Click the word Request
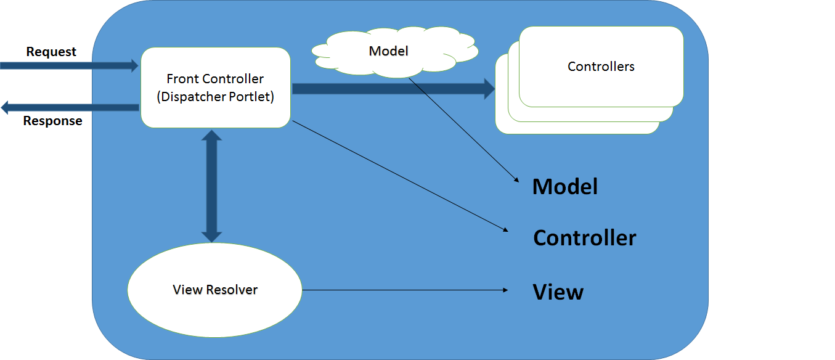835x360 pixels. pos(51,52)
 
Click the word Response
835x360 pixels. pos(52,121)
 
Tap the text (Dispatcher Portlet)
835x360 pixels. pos(215,97)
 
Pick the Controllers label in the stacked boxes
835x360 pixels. pos(601,67)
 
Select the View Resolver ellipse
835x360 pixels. pos(214,290)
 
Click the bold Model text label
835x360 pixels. pos(565,186)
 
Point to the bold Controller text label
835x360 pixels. pos(584,238)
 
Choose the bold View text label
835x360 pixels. pos(558,292)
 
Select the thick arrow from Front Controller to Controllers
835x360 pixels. pos(388,89)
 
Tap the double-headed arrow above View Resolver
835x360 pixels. pos(211,186)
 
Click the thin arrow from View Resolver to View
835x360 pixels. pos(401,290)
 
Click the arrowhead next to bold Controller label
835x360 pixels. pos(505,230)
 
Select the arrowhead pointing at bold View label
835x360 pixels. pos(505,290)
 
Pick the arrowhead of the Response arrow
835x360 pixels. pos(5,108)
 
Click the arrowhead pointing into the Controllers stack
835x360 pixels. pos(489,89)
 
